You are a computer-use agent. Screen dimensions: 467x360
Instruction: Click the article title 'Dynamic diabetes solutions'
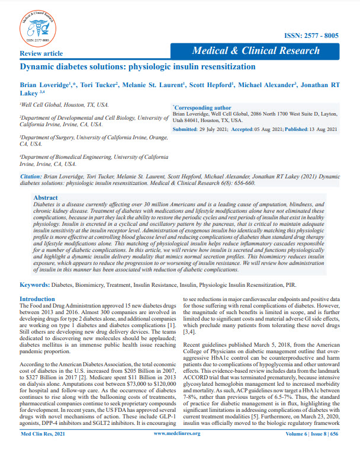(137, 67)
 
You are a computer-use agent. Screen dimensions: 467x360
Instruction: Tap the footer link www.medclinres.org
(172, 450)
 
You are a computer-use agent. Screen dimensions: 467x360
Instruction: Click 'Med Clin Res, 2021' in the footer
(44, 450)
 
